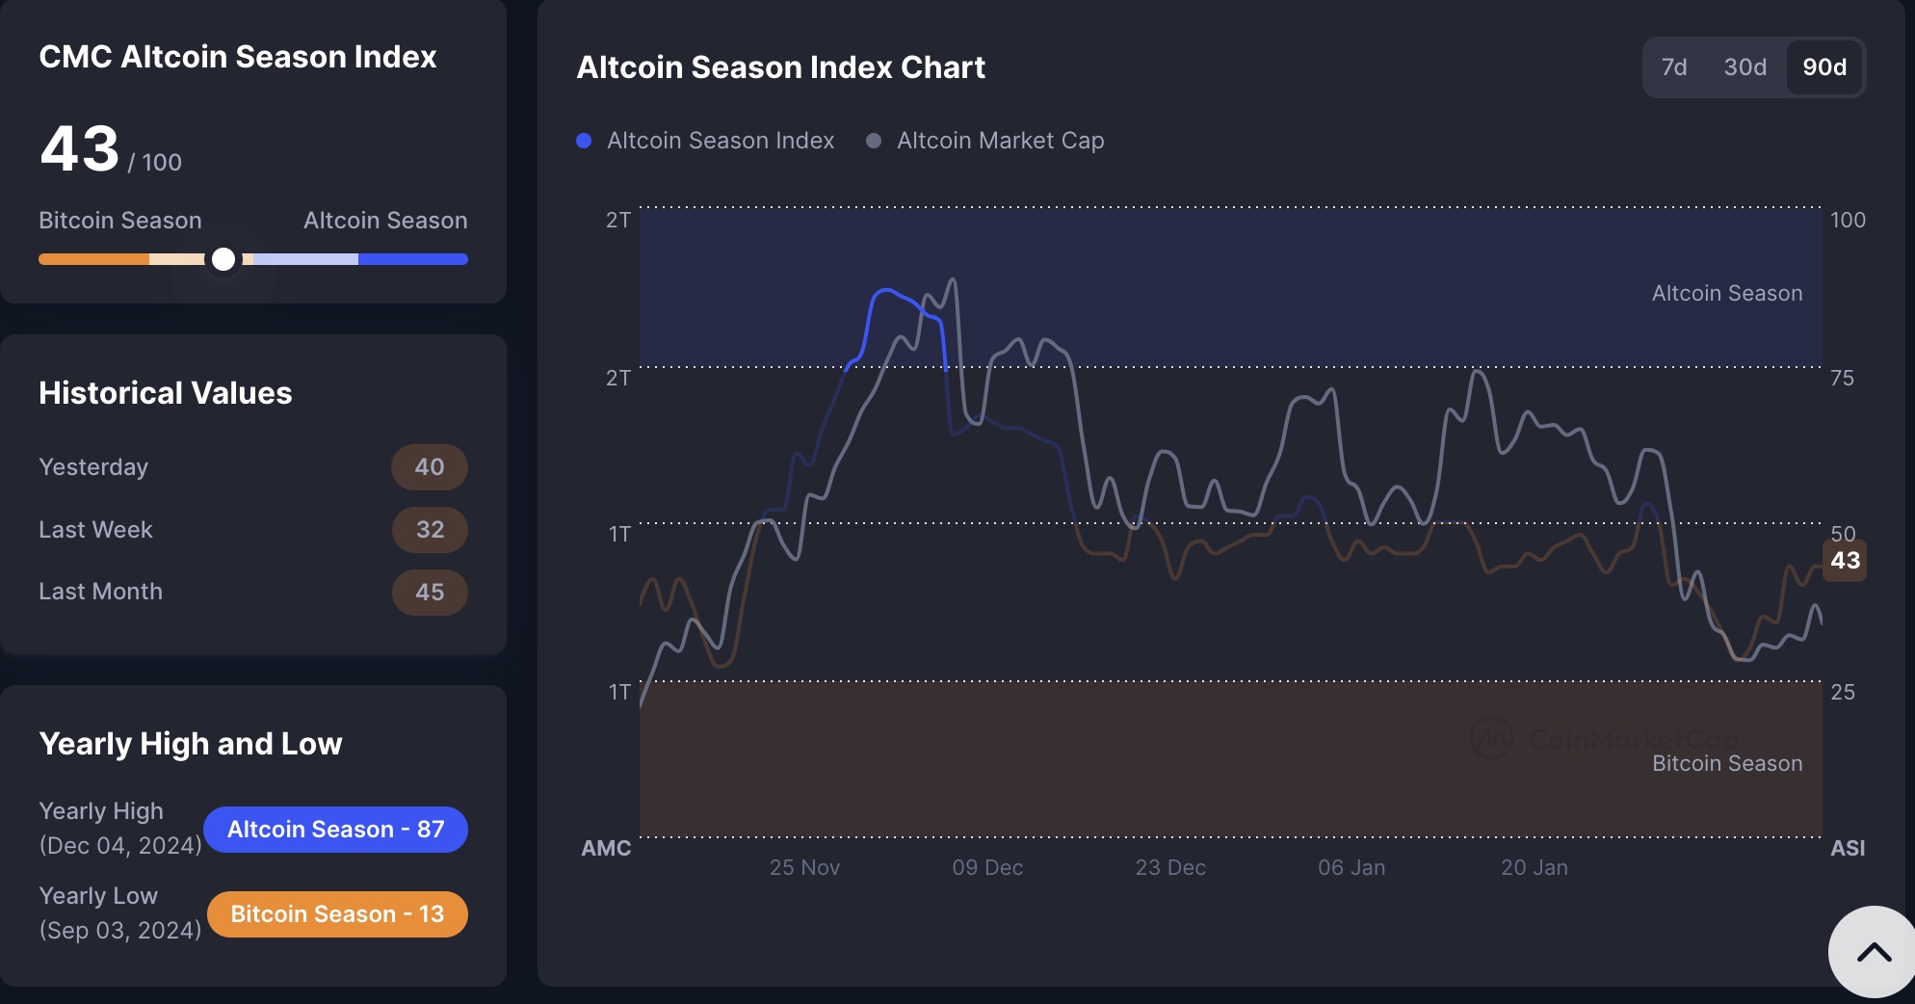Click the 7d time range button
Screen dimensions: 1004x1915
tap(1674, 67)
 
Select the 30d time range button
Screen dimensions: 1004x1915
tap(1744, 67)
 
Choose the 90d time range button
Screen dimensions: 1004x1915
tap(1824, 67)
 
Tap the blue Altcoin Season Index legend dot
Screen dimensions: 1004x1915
tap(584, 141)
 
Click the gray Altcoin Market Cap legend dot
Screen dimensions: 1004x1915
tap(874, 141)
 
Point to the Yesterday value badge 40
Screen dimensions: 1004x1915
tap(430, 467)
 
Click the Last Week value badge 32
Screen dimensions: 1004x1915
tap(430, 530)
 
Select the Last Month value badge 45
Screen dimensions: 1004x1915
tap(430, 592)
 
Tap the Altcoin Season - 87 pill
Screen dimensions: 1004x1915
tap(335, 830)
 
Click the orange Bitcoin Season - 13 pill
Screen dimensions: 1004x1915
tap(337, 914)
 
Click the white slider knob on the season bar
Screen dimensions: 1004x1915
tap(223, 259)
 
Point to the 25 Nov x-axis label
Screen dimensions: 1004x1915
tap(804, 868)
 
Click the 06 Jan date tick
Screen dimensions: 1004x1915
tap(1351, 868)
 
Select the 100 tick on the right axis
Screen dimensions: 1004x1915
tap(1848, 221)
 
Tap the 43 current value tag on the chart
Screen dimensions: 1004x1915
tap(1845, 561)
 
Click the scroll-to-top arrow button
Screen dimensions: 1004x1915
tap(1874, 953)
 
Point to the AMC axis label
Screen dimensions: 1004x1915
tap(606, 849)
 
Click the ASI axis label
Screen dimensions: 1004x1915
tap(1848, 849)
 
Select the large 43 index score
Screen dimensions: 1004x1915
tap(80, 150)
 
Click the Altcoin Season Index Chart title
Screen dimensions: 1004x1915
tap(780, 67)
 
